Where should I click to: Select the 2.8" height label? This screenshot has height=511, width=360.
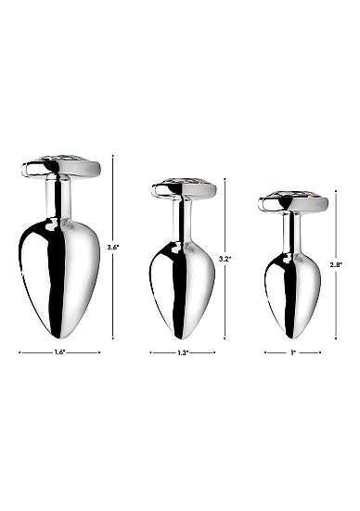(336, 265)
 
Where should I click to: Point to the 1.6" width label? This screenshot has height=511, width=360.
(59, 352)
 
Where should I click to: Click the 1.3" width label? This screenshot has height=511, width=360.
(183, 352)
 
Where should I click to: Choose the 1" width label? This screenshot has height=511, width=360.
(293, 352)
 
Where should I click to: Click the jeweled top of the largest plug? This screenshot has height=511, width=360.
(62, 159)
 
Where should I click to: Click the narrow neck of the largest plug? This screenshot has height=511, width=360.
(58, 198)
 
